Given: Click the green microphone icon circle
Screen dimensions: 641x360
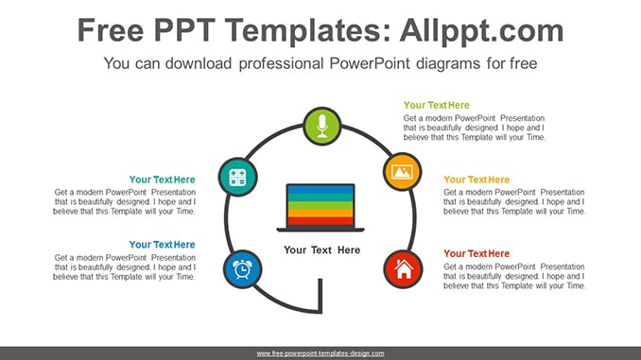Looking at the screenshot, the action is [x=322, y=127].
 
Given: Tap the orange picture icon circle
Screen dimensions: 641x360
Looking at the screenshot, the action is [x=402, y=172].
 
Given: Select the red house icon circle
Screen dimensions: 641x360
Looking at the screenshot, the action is [x=404, y=269].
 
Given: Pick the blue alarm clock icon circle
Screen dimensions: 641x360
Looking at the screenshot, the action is [x=242, y=269].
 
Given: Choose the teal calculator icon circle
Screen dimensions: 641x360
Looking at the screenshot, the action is [x=238, y=177].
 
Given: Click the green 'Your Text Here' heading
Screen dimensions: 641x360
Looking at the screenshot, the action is [x=436, y=105].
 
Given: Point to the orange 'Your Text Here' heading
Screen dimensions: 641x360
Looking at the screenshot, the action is [x=476, y=180].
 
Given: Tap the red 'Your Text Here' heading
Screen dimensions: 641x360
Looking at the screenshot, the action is [x=476, y=253].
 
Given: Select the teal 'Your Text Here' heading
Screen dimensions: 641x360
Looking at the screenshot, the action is [x=163, y=180].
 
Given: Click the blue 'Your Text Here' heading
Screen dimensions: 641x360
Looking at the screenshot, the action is [x=163, y=245].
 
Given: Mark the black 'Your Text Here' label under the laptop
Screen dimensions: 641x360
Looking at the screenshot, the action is [x=322, y=250].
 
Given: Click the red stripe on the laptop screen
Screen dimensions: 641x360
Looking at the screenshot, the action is [x=320, y=221].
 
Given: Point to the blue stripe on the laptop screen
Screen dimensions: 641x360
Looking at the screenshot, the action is [x=320, y=189].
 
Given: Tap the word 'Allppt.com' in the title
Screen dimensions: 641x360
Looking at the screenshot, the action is [x=481, y=30].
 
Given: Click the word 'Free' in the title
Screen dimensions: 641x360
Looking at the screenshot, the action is [x=111, y=30].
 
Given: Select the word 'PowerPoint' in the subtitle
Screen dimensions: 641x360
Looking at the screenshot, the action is [x=369, y=63].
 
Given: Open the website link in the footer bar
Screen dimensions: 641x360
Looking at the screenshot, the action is [x=320, y=353].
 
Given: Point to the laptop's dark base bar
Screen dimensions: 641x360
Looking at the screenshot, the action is [x=320, y=230].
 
